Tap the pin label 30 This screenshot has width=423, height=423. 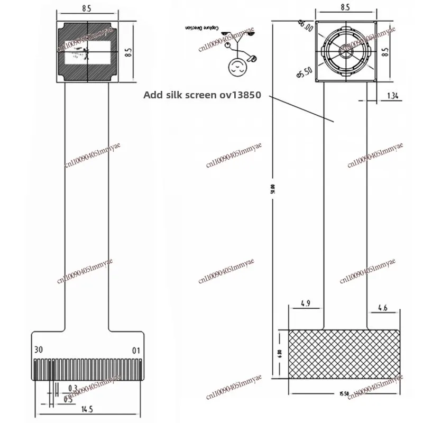pyautogui.click(x=38, y=350)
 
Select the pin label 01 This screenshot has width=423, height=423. pyautogui.click(x=136, y=350)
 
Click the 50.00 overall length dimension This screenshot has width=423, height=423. pyautogui.click(x=272, y=189)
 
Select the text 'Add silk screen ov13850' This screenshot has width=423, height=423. pyautogui.click(x=203, y=96)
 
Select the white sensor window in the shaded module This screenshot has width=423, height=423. pyautogui.click(x=87, y=52)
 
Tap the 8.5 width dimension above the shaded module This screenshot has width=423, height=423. pyautogui.click(x=87, y=8)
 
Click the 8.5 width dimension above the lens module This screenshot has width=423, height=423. pyautogui.click(x=346, y=8)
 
